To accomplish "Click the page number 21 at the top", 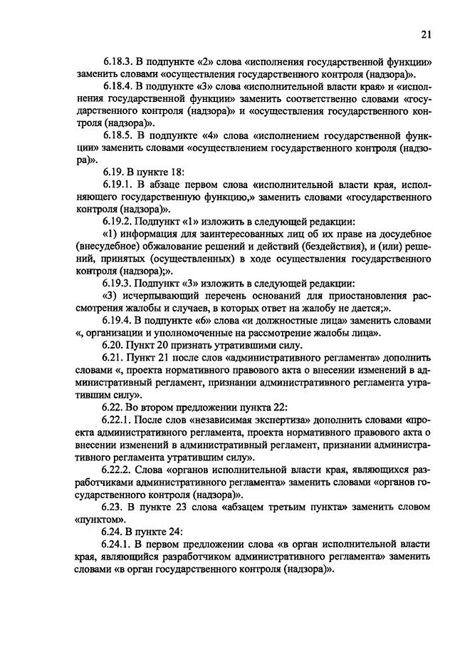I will tap(427, 33).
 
